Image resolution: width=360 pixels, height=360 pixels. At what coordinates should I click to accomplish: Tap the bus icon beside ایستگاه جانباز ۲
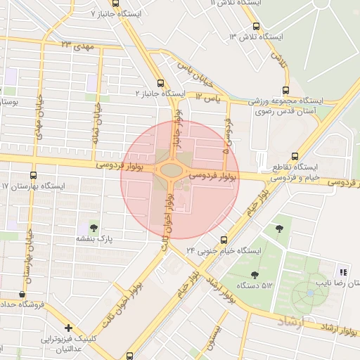click(161, 82)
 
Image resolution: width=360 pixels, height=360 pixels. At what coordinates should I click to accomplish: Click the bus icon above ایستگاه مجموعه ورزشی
click(285, 90)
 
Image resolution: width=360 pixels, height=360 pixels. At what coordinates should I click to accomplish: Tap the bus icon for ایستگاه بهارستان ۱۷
click(33, 175)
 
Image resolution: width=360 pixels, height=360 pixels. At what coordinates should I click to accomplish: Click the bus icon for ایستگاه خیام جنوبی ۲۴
click(224, 239)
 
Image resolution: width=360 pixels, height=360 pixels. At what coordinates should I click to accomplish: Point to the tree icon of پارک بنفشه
click(94, 227)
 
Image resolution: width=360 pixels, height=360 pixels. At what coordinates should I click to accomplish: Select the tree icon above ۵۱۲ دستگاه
click(254, 274)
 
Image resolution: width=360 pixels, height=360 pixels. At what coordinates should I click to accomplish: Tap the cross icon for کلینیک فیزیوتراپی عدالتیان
click(68, 328)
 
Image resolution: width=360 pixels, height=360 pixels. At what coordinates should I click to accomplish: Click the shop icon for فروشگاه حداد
click(22, 294)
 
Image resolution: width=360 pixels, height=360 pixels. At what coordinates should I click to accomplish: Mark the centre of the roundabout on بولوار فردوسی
click(169, 169)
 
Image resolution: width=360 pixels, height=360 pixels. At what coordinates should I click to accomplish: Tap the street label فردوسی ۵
click(227, 136)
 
